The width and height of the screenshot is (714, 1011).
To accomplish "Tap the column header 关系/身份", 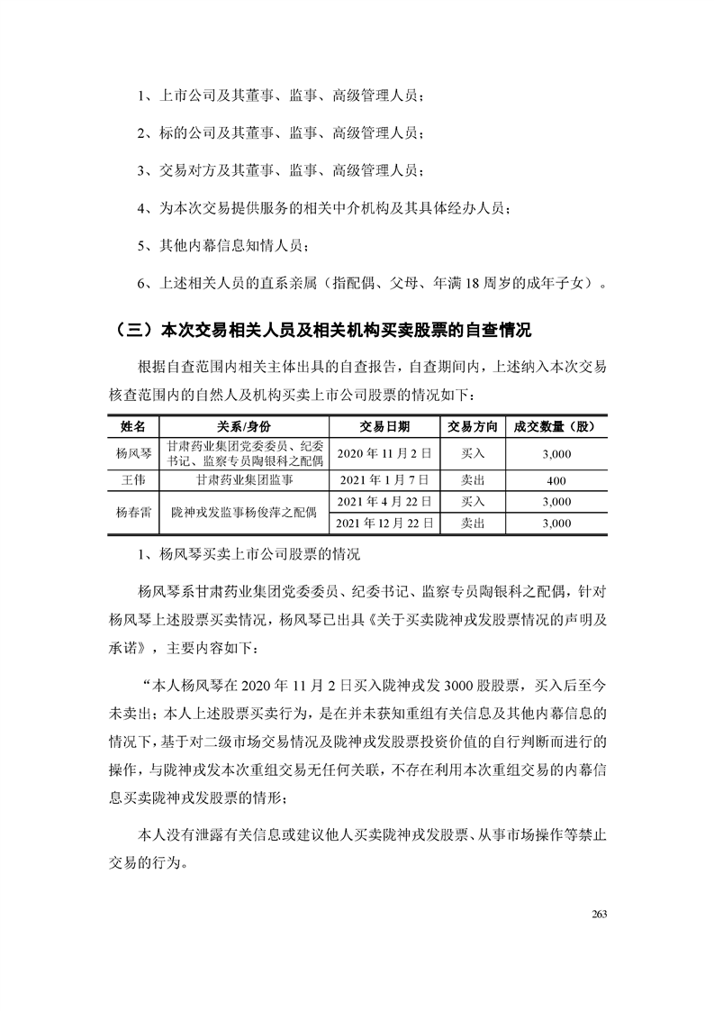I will tap(243, 426).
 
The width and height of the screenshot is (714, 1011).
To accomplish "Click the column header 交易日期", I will tap(384, 426).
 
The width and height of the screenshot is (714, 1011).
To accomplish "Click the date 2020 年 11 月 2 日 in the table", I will tap(384, 454).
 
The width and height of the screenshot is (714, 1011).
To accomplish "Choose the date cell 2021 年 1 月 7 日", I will tap(384, 481).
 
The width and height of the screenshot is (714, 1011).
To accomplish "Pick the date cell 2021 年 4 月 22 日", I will tap(384, 501).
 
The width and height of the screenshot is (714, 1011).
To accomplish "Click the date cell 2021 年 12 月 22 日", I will tap(384, 523).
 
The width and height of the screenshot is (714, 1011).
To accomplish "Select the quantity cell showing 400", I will tap(557, 481).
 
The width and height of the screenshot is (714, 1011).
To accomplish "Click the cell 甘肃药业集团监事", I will tap(243, 481).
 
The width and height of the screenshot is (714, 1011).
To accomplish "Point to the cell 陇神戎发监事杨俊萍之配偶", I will tap(243, 512).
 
